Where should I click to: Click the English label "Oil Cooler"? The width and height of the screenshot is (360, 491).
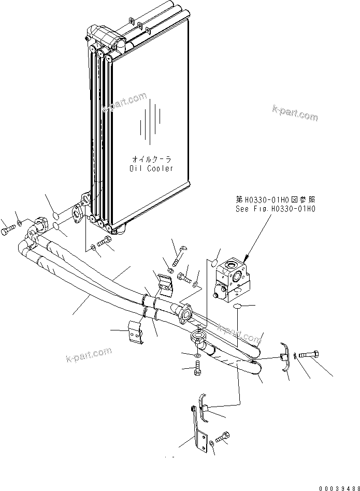click(151, 168)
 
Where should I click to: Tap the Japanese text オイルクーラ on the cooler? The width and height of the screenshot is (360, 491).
click(151, 160)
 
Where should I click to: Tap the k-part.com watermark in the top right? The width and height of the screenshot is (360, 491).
click(295, 113)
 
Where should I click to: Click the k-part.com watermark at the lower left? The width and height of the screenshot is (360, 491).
click(89, 355)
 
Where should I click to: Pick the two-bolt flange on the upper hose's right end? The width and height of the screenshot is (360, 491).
click(184, 314)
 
